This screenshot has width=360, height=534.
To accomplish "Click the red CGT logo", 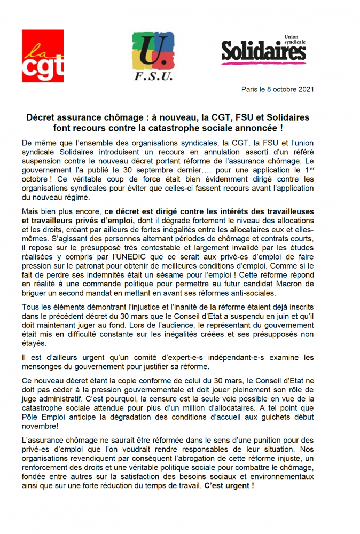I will (43, 56).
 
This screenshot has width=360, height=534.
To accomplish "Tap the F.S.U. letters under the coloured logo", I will (153, 77).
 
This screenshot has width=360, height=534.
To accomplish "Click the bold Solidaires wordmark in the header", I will (263, 53).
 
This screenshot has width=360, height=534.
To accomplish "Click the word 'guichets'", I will (277, 421).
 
